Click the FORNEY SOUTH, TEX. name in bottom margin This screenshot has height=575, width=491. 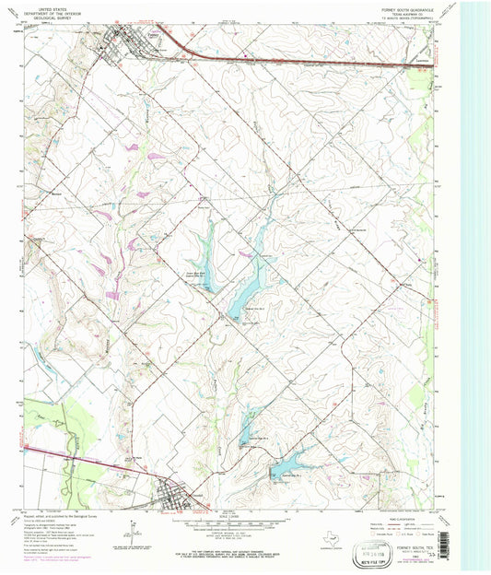click(x=424, y=546)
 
